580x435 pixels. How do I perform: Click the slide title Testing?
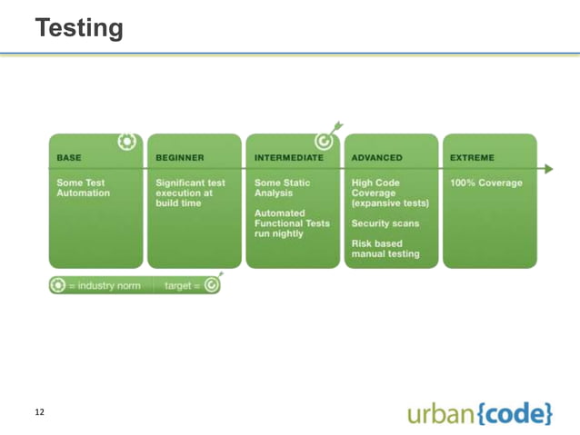(x=80, y=27)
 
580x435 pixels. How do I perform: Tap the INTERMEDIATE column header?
(x=288, y=156)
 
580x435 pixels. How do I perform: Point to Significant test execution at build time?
(x=189, y=193)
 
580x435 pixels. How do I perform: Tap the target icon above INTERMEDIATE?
(x=323, y=139)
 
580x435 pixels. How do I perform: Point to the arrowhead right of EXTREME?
(x=547, y=168)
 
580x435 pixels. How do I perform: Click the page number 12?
(x=39, y=412)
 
